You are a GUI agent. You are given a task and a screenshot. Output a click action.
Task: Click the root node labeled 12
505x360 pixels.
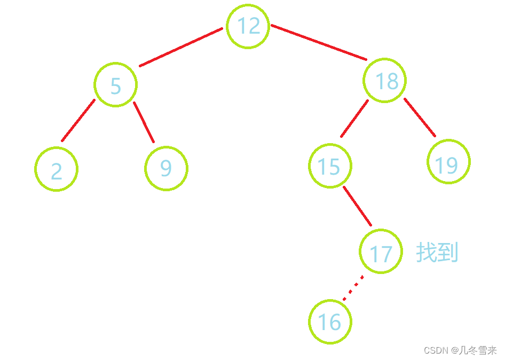pyautogui.click(x=248, y=26)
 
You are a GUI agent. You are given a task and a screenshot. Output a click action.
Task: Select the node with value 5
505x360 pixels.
pyautogui.click(x=115, y=84)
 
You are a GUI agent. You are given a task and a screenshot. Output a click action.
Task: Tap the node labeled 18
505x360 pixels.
pyautogui.click(x=384, y=81)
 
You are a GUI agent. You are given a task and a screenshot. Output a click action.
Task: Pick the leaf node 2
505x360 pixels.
pyautogui.click(x=56, y=169)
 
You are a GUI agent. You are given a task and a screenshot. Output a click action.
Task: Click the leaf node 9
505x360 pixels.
pyautogui.click(x=166, y=168)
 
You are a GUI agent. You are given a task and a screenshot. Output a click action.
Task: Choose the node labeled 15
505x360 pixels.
pyautogui.click(x=330, y=166)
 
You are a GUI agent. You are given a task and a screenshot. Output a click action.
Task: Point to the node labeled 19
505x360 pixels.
pyautogui.click(x=448, y=162)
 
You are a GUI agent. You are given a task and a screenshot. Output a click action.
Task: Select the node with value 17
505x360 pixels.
pyautogui.click(x=381, y=252)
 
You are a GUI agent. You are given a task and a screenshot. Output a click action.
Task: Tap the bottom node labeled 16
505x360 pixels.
pyautogui.click(x=330, y=322)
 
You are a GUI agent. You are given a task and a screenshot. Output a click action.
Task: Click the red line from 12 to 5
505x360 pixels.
pyautogui.click(x=180, y=47)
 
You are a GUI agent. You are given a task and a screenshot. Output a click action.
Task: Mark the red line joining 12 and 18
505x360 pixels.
pyautogui.click(x=319, y=42)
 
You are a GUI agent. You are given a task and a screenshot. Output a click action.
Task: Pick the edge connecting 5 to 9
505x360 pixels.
pyautogui.click(x=144, y=122)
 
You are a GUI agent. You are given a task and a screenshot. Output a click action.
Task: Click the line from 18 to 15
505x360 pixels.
pyautogui.click(x=354, y=118)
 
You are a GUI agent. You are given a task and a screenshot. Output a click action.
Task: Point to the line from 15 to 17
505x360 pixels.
pyautogui.click(x=357, y=207)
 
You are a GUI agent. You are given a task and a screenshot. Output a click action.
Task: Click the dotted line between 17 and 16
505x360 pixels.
pyautogui.click(x=353, y=288)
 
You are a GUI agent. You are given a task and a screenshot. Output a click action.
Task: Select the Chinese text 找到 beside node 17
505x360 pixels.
pyautogui.click(x=437, y=252)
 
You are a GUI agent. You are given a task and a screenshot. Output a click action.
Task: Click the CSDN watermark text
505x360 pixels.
pyautogui.click(x=436, y=350)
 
